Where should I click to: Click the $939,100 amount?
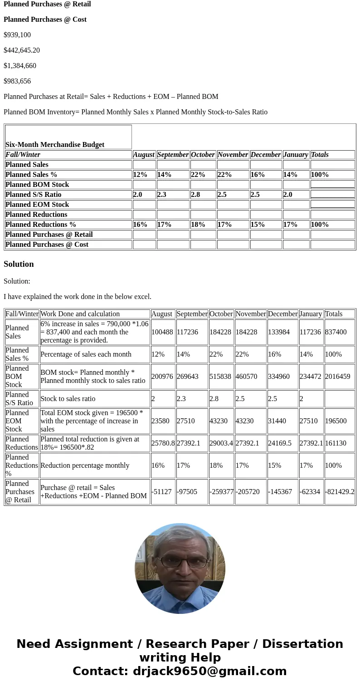click(17, 35)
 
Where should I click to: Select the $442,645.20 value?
click(22, 50)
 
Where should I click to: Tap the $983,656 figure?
click(17, 81)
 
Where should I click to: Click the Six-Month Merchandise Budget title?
click(55, 145)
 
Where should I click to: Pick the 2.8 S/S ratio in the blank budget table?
click(195, 195)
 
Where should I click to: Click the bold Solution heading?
click(19, 264)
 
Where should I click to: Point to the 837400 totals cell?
click(336, 332)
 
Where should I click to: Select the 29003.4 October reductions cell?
click(221, 443)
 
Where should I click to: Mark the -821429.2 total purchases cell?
click(340, 492)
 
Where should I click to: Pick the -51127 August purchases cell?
click(161, 492)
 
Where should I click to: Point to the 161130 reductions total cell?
click(336, 443)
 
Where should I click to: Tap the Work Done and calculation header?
click(80, 314)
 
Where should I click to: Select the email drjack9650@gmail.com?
click(209, 671)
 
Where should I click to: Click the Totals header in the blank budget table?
click(320, 155)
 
